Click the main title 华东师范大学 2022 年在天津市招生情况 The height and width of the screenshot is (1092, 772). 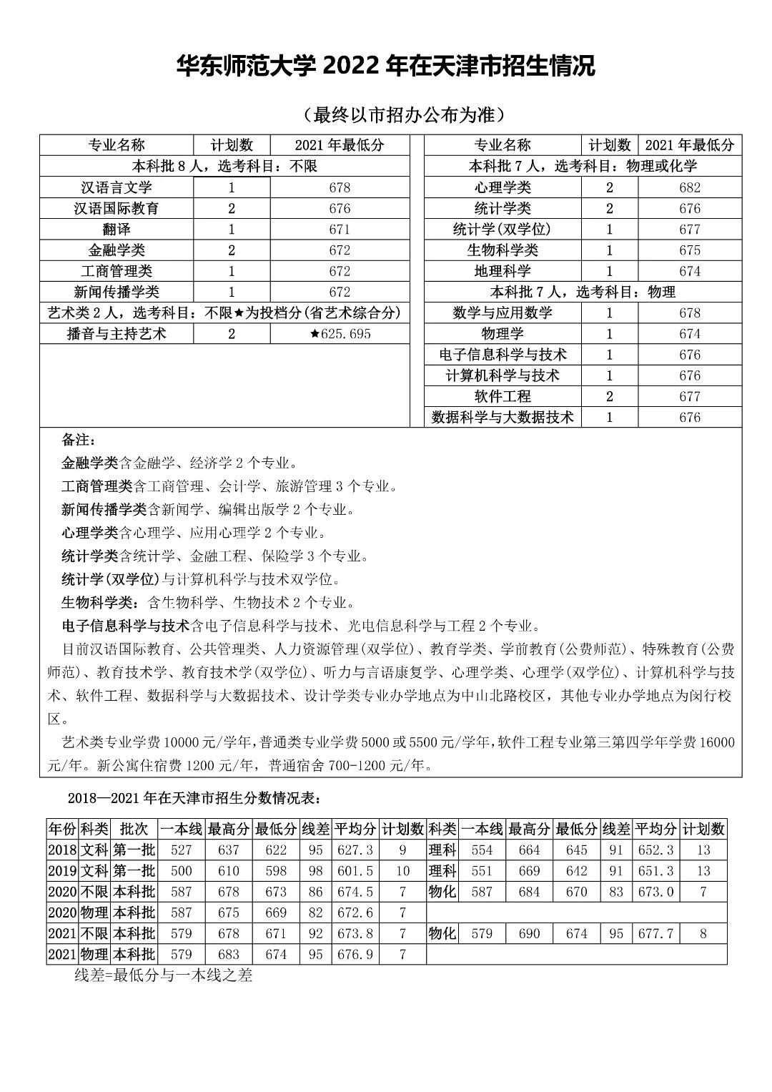tap(386, 67)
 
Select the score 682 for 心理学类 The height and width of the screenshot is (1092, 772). tap(690, 188)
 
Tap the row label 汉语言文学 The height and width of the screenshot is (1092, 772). tap(117, 188)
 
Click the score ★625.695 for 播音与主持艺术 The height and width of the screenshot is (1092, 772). tap(340, 334)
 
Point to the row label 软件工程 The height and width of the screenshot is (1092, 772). tap(503, 397)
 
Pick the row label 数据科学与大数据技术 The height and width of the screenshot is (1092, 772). tap(503, 418)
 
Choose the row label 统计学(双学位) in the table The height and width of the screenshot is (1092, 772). tap(503, 230)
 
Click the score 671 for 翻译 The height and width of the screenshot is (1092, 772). tap(340, 230)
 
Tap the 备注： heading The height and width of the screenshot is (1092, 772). tap(79, 439)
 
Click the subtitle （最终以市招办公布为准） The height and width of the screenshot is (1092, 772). tap(404, 114)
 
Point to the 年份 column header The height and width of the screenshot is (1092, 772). tap(62, 829)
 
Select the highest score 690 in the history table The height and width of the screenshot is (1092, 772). tap(530, 934)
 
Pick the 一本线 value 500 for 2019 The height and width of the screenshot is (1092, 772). tap(182, 871)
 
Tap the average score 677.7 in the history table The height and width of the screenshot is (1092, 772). tap(655, 934)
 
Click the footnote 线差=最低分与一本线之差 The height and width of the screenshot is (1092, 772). tap(164, 975)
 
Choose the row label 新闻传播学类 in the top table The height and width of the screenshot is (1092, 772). tap(117, 292)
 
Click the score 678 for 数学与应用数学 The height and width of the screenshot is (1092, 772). tap(690, 313)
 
